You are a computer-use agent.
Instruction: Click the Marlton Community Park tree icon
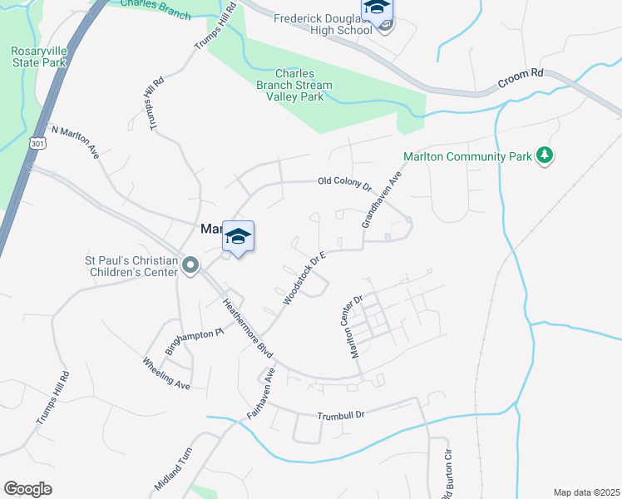pyautogui.click(x=545, y=156)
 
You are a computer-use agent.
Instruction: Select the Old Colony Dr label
pyautogui.click(x=344, y=183)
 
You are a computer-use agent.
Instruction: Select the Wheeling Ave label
pyautogui.click(x=166, y=373)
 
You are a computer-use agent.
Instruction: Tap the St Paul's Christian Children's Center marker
pyautogui.click(x=190, y=266)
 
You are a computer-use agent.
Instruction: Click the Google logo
pyautogui.click(x=27, y=489)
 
